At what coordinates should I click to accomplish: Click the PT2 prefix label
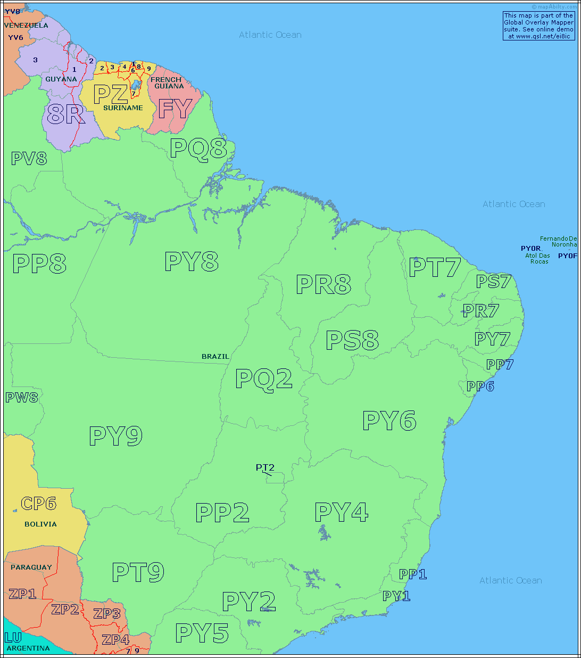coord(265,468)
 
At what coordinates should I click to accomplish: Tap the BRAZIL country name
coord(215,356)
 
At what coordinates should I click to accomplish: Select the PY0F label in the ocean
coord(568,256)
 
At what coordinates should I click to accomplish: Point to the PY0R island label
coord(531,249)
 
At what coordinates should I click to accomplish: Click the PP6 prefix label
coord(480,386)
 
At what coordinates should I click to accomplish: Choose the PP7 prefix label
coord(500,365)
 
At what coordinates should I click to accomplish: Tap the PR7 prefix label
coord(480,310)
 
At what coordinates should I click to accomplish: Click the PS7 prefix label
coord(493,281)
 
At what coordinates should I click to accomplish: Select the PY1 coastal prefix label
coord(396,596)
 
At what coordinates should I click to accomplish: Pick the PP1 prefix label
coord(413,574)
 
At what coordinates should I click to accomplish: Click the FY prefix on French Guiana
coord(175,109)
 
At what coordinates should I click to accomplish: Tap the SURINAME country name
coord(123,108)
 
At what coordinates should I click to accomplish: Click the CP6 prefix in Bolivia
coord(38,504)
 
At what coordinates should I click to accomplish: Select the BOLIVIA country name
coord(40,524)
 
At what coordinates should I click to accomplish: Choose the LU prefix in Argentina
coord(13,638)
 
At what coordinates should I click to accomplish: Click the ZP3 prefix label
coord(107,614)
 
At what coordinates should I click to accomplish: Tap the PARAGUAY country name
coord(31,567)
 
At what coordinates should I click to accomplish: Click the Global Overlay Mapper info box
coord(538,26)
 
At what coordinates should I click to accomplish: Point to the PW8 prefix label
coord(22,397)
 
